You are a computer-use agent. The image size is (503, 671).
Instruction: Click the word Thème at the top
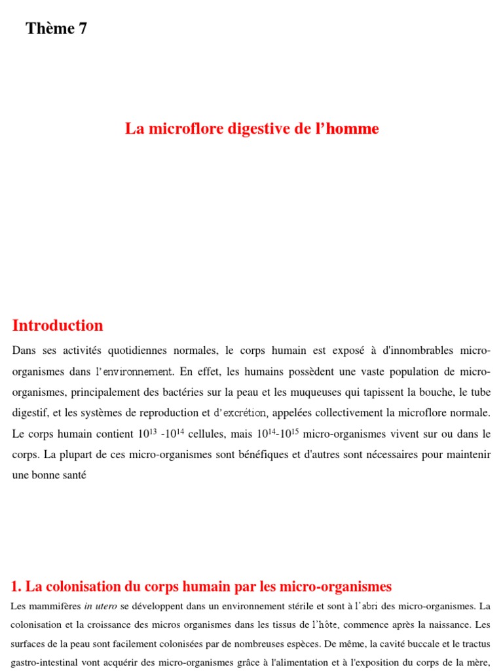coord(50,28)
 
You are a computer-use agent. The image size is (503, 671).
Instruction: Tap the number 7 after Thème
coord(83,28)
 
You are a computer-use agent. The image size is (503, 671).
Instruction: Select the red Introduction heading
coord(58,326)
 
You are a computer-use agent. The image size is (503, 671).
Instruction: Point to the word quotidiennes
coord(149,351)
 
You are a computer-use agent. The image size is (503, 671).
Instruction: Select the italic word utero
coord(107,606)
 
